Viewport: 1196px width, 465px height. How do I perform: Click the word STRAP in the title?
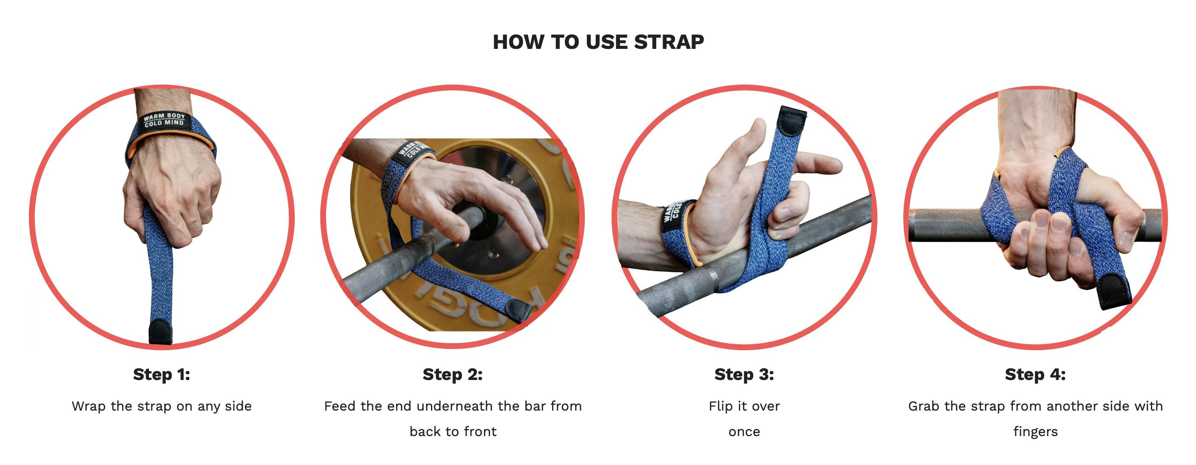pyautogui.click(x=669, y=42)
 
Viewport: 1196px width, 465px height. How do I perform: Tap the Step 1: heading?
pyautogui.click(x=161, y=374)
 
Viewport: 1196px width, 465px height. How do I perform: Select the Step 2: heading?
pyautogui.click(x=452, y=374)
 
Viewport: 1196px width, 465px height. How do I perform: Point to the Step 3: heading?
pyautogui.click(x=744, y=374)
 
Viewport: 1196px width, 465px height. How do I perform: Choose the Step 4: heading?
pyautogui.click(x=1035, y=374)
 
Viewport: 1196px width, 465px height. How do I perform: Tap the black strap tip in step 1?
pyautogui.click(x=160, y=332)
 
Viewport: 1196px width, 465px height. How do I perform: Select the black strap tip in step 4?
pyautogui.click(x=1114, y=292)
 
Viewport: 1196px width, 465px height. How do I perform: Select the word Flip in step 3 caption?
pyautogui.click(x=720, y=406)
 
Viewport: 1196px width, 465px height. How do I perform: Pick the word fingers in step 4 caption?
pyautogui.click(x=1035, y=431)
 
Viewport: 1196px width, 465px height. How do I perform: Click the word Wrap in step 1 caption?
pyautogui.click(x=88, y=406)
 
